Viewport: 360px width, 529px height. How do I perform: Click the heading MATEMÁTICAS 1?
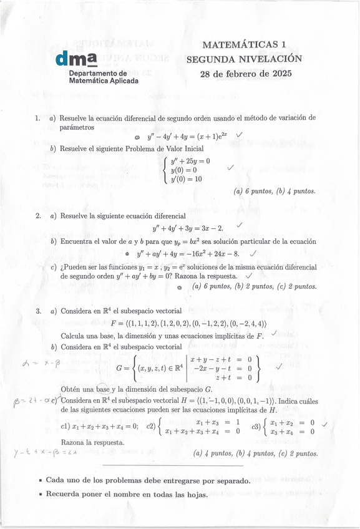[x=244, y=45]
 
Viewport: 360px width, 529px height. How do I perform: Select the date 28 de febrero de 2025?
[x=245, y=74]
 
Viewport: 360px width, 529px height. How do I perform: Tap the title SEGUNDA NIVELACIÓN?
[x=244, y=59]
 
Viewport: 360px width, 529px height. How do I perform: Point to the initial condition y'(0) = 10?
[x=187, y=179]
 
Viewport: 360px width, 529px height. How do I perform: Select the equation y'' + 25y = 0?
[x=190, y=161]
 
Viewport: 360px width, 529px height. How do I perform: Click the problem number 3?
[x=38, y=311]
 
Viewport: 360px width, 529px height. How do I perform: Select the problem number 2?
[x=38, y=216]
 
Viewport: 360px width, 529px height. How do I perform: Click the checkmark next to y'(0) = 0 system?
[x=231, y=167]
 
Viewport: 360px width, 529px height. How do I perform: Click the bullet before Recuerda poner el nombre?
[x=41, y=494]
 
